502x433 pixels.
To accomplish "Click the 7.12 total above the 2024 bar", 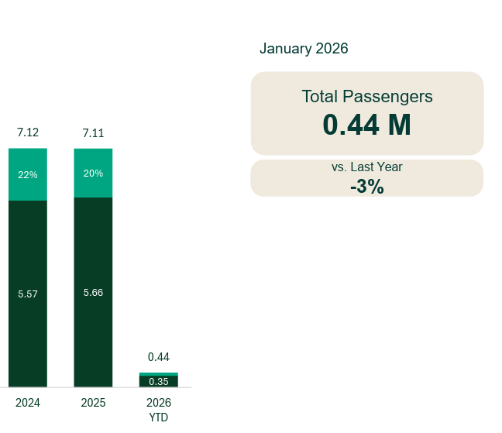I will [x=28, y=133].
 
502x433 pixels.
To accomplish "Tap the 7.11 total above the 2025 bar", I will [x=93, y=133].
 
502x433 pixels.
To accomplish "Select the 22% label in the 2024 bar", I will [x=28, y=175].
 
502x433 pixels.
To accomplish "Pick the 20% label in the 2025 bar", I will [x=93, y=174].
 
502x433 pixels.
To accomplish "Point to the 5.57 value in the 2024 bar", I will [x=28, y=294].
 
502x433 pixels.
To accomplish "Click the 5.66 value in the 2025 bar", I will [x=93, y=293].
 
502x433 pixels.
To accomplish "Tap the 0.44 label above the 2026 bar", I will [x=159, y=357].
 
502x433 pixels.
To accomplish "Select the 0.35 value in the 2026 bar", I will [x=159, y=381].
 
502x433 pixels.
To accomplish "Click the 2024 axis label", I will [x=28, y=403].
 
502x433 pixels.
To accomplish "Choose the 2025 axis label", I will [x=93, y=403].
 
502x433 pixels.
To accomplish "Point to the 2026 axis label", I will [x=159, y=403].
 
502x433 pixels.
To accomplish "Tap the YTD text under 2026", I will [x=159, y=418].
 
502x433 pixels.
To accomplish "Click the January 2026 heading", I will [x=304, y=49].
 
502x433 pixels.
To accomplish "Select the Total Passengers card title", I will [x=366, y=97].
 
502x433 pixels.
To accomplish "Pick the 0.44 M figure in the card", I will [x=366, y=125].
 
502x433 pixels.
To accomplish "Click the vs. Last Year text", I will [x=366, y=167].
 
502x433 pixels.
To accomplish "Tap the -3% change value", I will [x=366, y=186].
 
